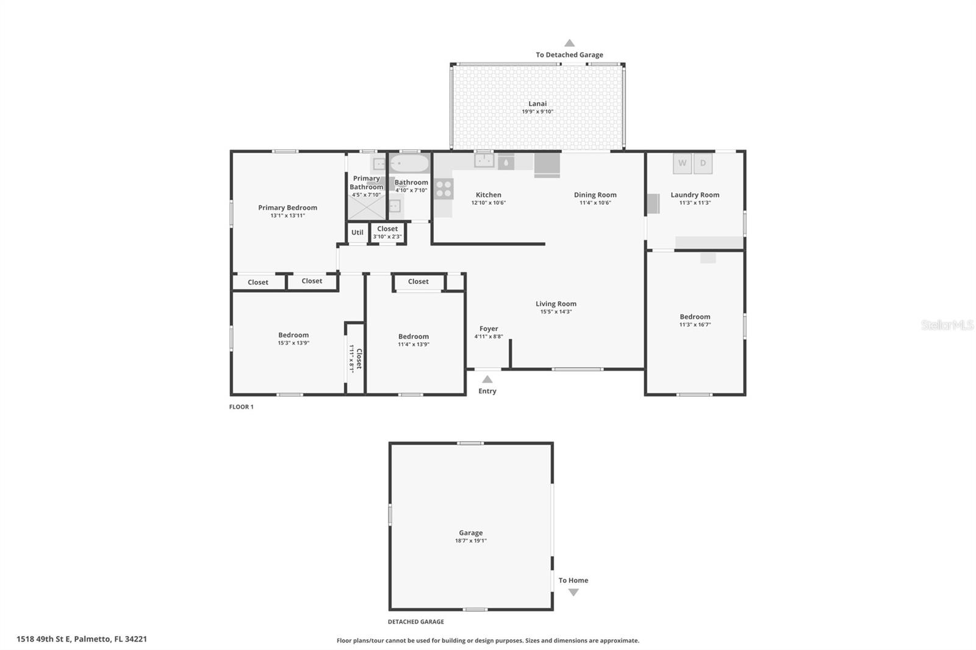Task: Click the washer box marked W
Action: coord(682,163)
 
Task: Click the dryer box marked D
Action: coord(703,163)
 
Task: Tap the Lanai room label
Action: coord(537,104)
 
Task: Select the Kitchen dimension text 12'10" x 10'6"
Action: coord(488,203)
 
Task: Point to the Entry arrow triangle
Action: coord(487,379)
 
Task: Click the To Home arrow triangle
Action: coord(573,592)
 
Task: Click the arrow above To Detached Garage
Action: coord(569,43)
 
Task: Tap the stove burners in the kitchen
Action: coord(444,188)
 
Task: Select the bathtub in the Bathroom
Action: coord(410,163)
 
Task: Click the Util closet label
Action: coord(357,232)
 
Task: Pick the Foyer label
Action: coord(489,329)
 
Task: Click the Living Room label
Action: coord(556,304)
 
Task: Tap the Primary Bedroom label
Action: coord(287,207)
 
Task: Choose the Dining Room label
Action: coord(595,195)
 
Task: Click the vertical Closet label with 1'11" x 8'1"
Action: coord(356,359)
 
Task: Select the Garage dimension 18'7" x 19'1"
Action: coord(470,541)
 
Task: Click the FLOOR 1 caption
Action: coord(241,407)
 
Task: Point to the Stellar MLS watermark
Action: coord(947,325)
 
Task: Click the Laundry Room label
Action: coord(695,195)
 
